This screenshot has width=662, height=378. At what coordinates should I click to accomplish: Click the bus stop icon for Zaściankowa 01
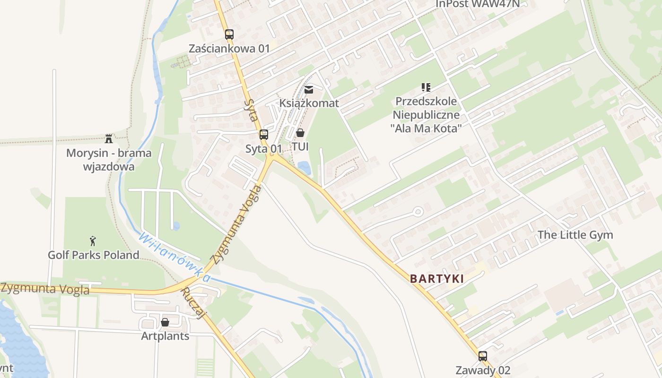229,34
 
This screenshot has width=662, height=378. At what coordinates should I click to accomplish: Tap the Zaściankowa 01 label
229,49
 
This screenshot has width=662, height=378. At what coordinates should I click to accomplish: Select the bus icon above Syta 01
264,135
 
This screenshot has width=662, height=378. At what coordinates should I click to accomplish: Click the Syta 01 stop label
263,149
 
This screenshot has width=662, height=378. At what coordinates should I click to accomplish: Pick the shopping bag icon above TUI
300,133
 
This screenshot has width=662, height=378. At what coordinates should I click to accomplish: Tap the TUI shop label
300,147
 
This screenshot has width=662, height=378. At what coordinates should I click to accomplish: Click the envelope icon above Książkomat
309,89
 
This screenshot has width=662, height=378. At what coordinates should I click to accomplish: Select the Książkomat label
309,103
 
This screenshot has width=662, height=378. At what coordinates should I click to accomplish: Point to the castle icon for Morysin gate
109,139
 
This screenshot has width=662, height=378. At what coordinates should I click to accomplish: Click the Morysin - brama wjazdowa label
109,160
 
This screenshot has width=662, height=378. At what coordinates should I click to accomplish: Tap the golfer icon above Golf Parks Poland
93,241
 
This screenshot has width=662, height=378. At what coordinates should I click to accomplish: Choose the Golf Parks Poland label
94,255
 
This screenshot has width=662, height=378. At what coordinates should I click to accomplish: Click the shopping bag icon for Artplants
165,322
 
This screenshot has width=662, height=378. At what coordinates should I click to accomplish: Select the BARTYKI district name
436,279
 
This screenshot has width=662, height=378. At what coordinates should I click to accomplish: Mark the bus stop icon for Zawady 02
482,356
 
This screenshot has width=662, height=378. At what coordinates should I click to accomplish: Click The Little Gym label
575,235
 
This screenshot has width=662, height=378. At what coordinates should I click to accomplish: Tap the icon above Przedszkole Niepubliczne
426,87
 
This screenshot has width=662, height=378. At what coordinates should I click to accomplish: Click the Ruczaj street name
193,303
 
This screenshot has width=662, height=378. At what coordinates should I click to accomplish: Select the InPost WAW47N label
477,4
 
